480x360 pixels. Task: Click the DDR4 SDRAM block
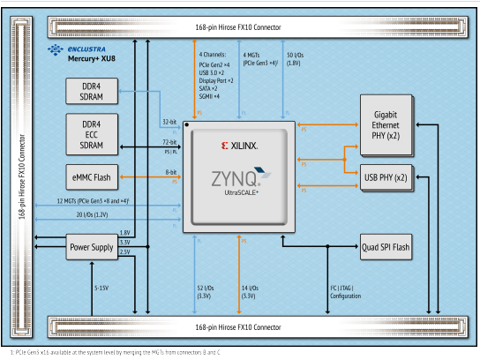click(x=92, y=91)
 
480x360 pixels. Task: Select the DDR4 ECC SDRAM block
click(x=92, y=135)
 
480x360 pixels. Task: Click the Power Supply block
click(x=92, y=247)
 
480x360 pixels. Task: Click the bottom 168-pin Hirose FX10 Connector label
click(x=238, y=327)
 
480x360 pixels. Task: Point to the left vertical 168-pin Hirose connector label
click(x=22, y=176)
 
